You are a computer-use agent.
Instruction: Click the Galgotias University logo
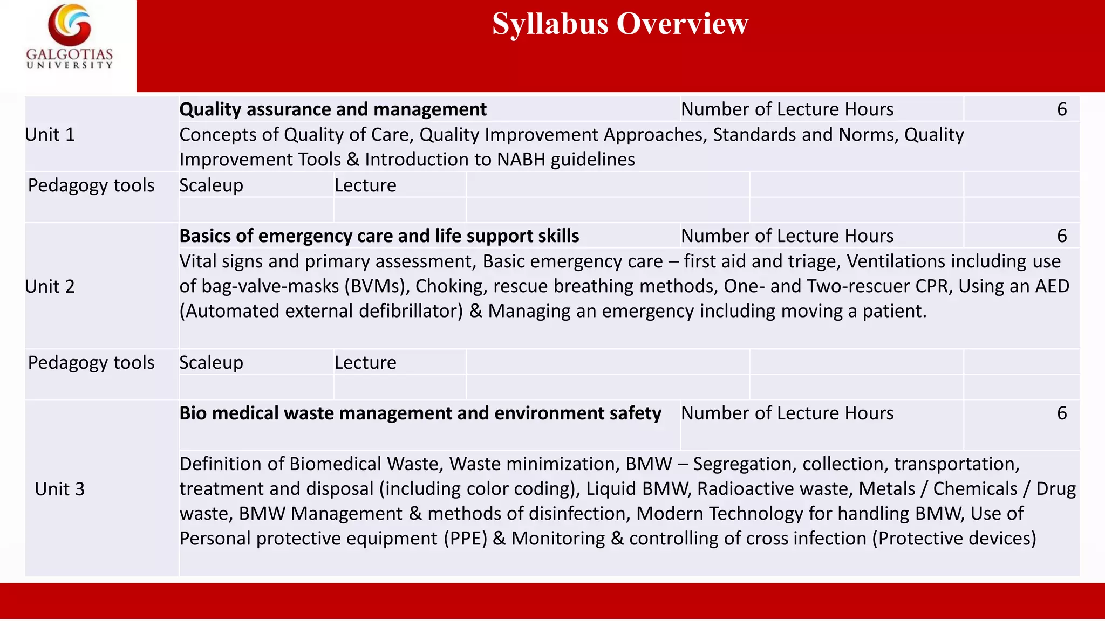70,37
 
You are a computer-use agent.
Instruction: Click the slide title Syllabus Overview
620,24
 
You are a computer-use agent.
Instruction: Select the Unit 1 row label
50,135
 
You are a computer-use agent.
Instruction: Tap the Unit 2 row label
50,287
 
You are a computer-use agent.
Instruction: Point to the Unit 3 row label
60,489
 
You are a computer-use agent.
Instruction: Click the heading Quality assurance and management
333,109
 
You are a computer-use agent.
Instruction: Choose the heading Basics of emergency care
379,236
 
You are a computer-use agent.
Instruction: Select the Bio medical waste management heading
420,413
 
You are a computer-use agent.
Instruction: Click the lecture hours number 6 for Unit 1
1061,109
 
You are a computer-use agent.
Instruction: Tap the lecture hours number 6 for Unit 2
1061,236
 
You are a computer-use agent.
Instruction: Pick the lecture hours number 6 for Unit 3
1061,413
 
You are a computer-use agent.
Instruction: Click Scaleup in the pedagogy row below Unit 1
211,185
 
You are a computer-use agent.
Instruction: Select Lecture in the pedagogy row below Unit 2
365,363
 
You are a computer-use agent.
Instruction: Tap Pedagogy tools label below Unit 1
91,185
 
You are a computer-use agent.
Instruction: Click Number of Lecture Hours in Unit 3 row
787,413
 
